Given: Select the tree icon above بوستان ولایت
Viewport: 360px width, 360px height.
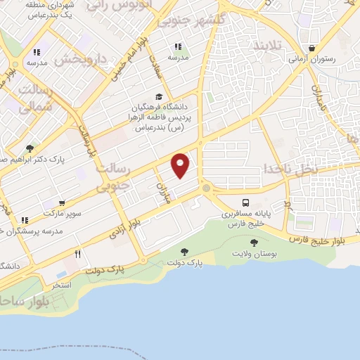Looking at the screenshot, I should point(254,243).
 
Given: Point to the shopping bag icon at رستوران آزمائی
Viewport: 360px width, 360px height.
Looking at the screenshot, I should point(311,49).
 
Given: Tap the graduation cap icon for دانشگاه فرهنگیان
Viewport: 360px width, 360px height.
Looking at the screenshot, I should point(160,97).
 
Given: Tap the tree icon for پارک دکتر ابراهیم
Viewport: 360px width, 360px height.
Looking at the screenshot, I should point(30,148).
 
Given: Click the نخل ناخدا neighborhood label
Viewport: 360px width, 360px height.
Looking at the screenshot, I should point(290,169).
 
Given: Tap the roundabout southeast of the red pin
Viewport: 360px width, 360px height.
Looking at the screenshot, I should point(205,188).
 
